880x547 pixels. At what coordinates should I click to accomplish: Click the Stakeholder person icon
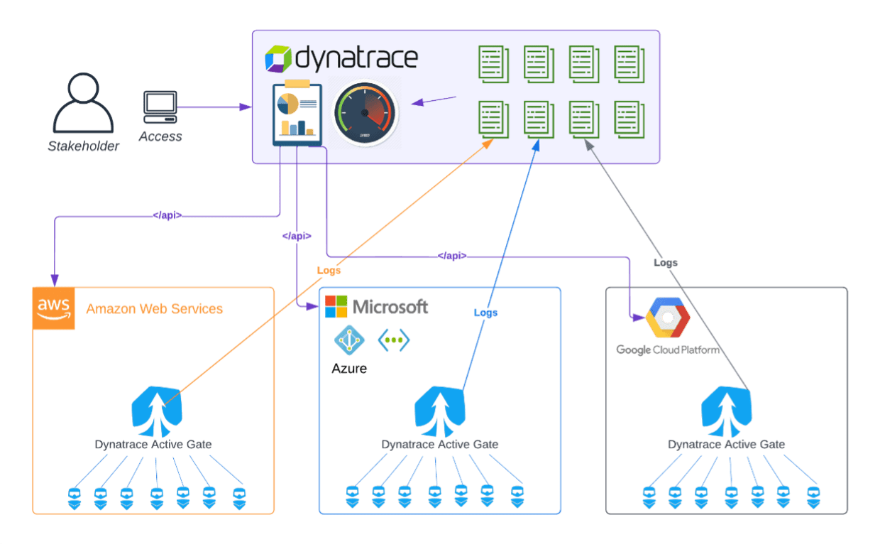point(83,104)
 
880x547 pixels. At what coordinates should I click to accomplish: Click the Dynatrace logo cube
point(278,59)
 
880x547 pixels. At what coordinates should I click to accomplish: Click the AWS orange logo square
point(54,309)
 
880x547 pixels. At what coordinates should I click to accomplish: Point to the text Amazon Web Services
point(154,309)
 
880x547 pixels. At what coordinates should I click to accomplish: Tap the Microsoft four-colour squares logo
point(336,307)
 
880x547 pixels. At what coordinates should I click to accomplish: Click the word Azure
point(349,369)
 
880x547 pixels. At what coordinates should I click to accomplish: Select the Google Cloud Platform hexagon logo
point(667,319)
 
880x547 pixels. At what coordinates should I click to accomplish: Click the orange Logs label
point(329,270)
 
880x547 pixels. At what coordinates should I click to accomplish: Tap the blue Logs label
point(486,313)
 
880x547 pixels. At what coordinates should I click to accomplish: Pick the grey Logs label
point(665,263)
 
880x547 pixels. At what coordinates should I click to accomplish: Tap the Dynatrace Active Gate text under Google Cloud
point(727,445)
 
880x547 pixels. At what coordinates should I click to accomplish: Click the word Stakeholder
point(84,147)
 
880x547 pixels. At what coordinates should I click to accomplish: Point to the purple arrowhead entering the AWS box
point(54,278)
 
